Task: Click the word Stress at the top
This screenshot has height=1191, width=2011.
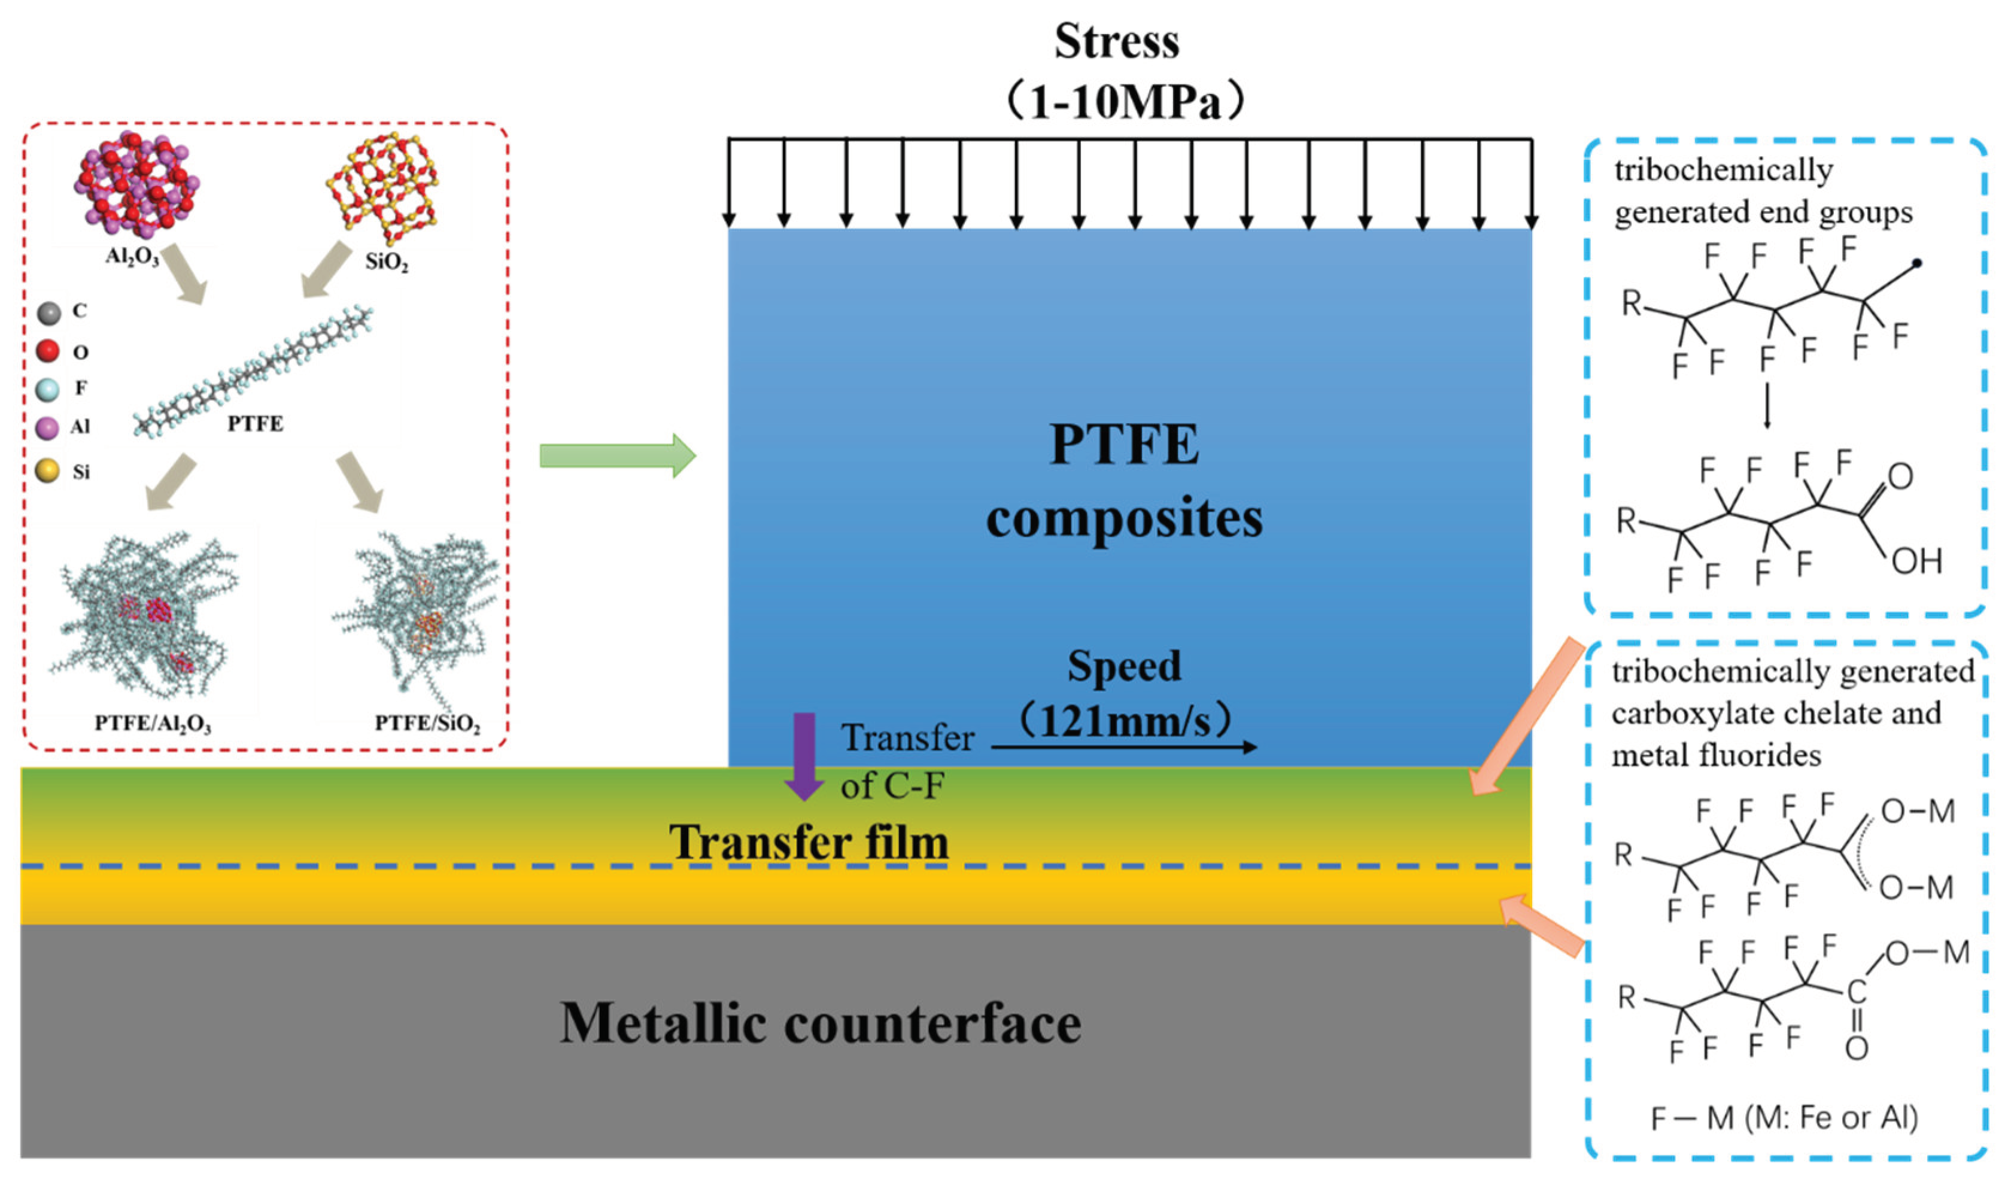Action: tap(1116, 42)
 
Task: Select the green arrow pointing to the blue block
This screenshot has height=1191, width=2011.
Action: tap(616, 456)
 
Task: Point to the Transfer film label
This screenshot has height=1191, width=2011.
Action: tap(809, 842)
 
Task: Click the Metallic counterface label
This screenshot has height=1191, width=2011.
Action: tap(820, 1023)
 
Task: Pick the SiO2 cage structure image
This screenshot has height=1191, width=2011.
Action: tap(383, 187)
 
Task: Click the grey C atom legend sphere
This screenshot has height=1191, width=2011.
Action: tap(49, 313)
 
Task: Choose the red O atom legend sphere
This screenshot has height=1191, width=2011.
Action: tap(48, 351)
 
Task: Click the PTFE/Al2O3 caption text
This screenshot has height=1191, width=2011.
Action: tap(153, 724)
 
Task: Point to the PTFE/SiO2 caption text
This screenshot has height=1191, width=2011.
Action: tap(427, 724)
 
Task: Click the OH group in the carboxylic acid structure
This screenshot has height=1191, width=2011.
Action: tap(1916, 561)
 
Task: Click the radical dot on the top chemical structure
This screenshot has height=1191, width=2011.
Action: tap(1916, 262)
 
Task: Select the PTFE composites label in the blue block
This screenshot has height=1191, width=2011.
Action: tap(1124, 482)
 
